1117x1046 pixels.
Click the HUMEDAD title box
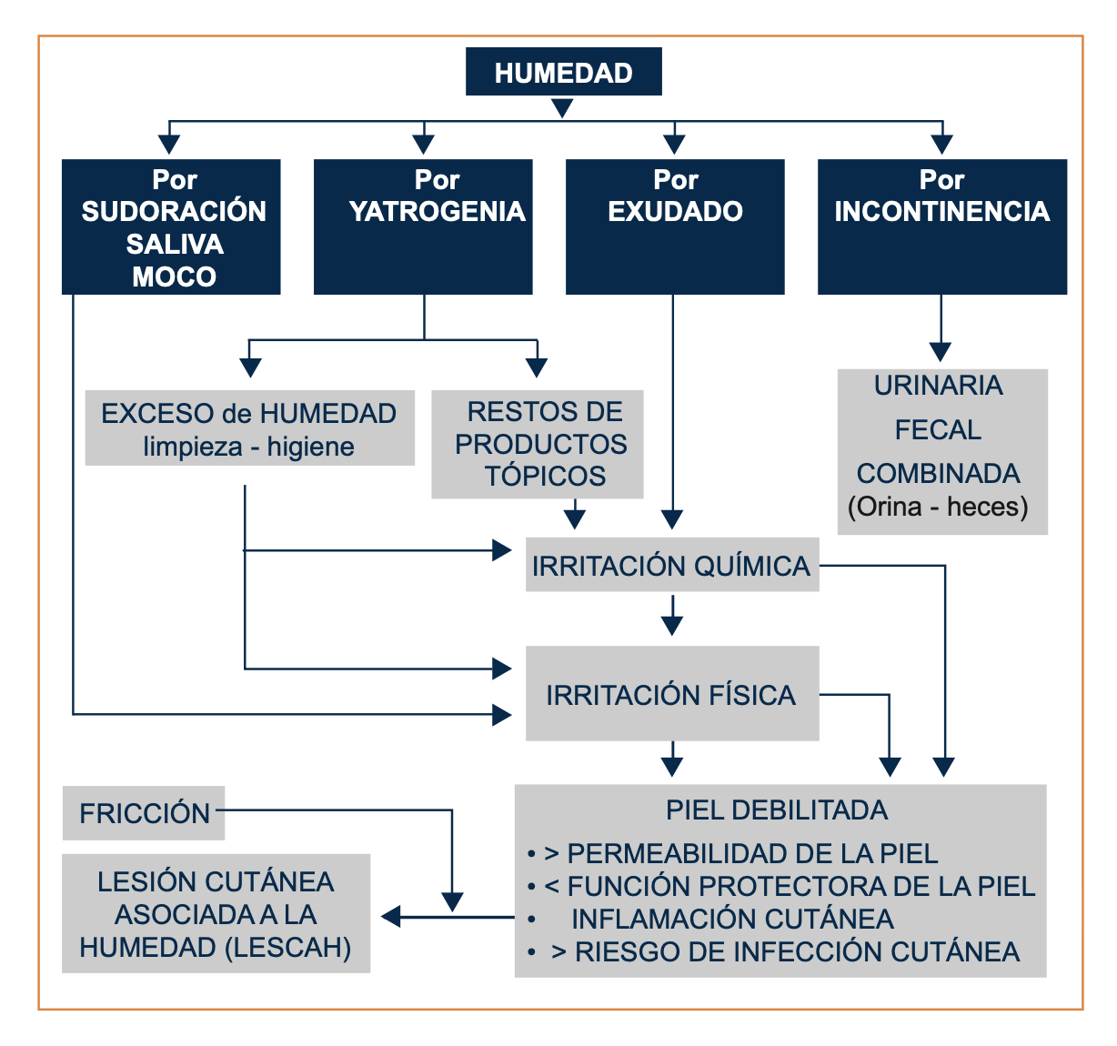[563, 72]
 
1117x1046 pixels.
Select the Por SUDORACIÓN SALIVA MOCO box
[171, 227]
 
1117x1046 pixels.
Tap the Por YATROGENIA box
[423, 227]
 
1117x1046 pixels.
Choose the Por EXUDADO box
[674, 227]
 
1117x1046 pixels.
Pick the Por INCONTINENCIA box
[941, 227]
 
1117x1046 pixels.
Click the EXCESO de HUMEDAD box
[249, 428]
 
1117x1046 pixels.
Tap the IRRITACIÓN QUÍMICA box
[671, 565]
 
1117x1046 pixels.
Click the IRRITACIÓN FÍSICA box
[671, 694]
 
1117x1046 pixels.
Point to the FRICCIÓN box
[144, 812]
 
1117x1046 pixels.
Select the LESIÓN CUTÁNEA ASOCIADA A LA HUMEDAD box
[216, 913]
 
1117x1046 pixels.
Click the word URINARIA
[938, 386]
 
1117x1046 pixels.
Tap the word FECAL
[938, 429]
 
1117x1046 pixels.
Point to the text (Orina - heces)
[938, 506]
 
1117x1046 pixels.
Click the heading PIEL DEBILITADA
[777, 810]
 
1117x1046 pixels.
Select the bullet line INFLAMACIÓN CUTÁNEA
[732, 919]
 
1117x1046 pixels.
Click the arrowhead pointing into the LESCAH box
[392, 917]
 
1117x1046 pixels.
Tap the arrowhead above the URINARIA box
[941, 352]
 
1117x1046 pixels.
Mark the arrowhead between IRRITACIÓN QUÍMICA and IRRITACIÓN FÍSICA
[672, 625]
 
